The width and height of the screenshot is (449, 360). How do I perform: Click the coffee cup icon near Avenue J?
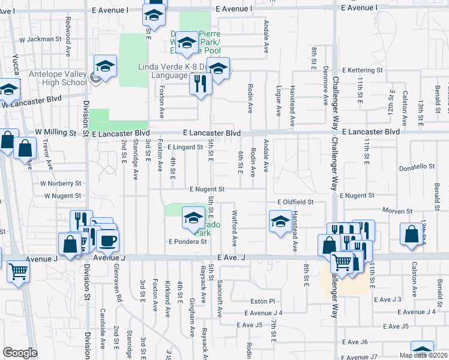tap(107, 241)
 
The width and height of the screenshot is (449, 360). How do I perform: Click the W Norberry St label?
tap(61, 183)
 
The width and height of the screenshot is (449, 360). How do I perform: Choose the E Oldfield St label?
tap(295, 203)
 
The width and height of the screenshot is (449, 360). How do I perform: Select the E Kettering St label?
tap(362, 70)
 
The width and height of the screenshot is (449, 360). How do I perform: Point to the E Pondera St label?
tap(188, 242)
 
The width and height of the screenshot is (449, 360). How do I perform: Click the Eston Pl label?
tap(263, 301)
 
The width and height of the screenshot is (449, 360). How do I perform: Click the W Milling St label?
tap(56, 132)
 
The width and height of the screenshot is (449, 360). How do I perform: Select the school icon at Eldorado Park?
tap(193, 218)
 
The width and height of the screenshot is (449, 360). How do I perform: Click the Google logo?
tap(20, 353)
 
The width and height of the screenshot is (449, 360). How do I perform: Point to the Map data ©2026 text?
tap(423, 355)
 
